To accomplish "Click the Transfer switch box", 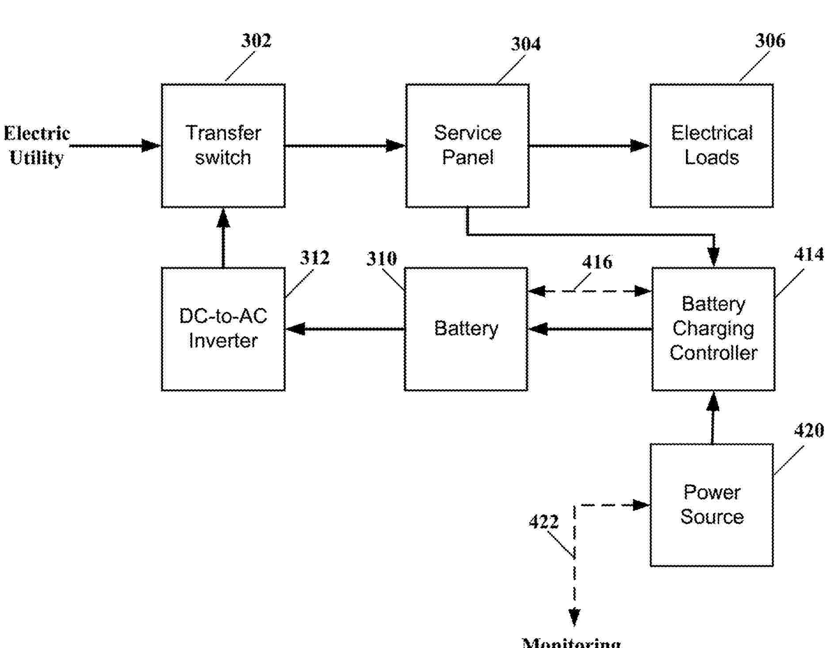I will point(223,146).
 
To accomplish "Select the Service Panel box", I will point(467,146).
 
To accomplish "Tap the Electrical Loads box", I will point(711,146).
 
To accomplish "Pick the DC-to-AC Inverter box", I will point(223,329).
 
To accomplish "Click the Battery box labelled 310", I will point(466,329).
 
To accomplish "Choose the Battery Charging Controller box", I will point(713,329).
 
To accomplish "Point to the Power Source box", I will point(711,505).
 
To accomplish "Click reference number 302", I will point(256,41).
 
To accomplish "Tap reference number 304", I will point(525,44).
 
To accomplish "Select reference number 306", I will point(770,41).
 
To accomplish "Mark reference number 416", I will point(597,262).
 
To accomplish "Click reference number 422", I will point(544,522).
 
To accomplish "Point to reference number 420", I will point(808,430).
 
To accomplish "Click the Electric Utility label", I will point(37,146).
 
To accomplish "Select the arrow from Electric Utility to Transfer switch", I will point(115,146).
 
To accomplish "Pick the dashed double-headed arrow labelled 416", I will point(590,291).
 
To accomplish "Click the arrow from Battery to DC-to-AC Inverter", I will point(345,329).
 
